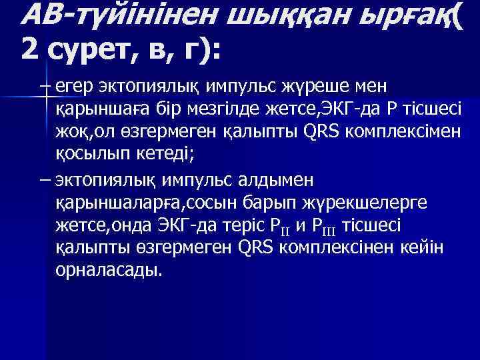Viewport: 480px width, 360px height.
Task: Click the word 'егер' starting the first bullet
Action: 75,87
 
